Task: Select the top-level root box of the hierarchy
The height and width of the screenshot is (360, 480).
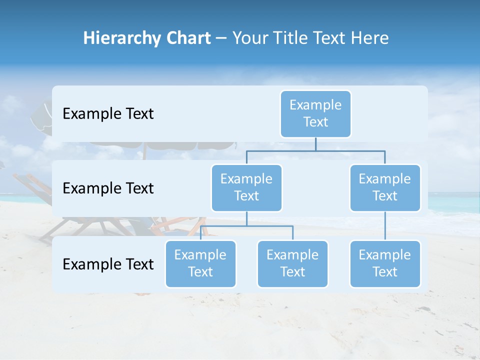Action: (x=315, y=114)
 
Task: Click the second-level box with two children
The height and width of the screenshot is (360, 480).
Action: (x=246, y=188)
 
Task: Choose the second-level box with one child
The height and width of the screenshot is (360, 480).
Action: (x=385, y=188)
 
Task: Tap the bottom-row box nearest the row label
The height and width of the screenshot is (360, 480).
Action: (x=200, y=264)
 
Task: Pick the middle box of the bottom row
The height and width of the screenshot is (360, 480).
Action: (x=292, y=264)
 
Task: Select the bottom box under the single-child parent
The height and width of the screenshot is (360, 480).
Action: (x=385, y=264)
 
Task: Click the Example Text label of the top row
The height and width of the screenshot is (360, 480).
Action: (x=108, y=114)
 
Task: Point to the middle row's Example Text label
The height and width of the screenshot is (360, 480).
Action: (x=108, y=188)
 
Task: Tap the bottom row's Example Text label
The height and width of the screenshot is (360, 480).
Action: (x=108, y=264)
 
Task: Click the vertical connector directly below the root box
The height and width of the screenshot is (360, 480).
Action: (x=315, y=144)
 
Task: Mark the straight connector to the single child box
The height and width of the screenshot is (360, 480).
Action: (x=385, y=226)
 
